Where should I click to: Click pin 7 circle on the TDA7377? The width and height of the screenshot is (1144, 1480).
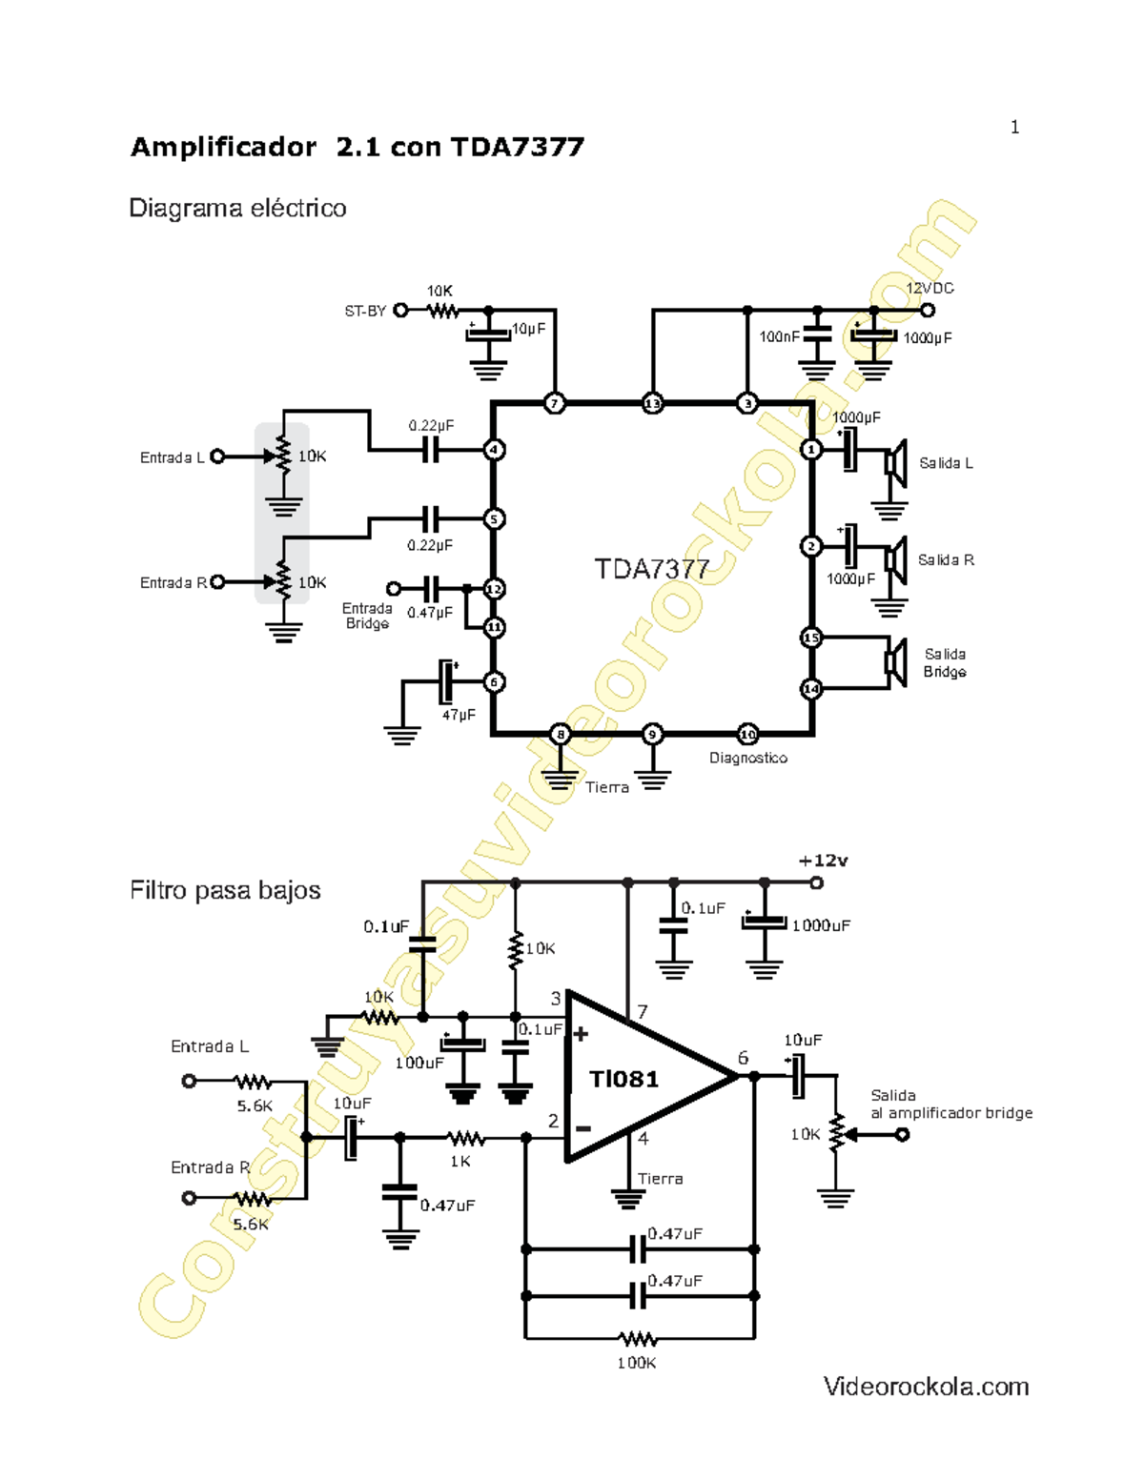click(555, 403)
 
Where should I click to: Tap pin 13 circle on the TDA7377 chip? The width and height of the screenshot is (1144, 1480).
click(652, 403)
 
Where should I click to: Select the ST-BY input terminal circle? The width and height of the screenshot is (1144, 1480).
click(401, 310)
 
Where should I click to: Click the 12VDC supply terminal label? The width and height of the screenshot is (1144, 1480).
click(929, 288)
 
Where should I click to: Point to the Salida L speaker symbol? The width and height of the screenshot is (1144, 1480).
click(895, 463)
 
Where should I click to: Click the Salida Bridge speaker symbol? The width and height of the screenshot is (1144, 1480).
click(895, 661)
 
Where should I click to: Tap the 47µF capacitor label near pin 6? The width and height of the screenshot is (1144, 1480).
click(459, 715)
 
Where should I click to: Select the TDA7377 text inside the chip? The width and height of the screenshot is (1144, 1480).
click(652, 570)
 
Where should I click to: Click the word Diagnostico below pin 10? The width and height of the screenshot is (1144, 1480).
click(748, 759)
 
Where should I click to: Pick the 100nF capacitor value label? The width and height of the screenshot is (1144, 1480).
click(779, 337)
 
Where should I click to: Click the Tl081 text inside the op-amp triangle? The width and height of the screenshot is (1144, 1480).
click(624, 1079)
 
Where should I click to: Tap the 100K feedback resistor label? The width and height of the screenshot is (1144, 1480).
click(637, 1364)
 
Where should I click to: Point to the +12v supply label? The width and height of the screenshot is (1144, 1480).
click(824, 861)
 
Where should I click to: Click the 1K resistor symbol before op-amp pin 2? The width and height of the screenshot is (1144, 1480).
click(465, 1138)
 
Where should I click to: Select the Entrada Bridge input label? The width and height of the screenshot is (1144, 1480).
click(367, 616)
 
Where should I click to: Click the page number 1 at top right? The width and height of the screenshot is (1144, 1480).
click(1015, 128)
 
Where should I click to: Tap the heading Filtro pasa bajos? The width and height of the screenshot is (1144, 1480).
click(225, 890)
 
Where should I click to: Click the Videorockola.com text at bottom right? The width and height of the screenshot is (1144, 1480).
click(927, 1387)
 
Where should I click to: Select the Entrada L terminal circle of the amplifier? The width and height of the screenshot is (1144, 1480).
click(217, 456)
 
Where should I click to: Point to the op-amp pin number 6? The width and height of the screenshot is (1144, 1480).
click(744, 1059)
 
